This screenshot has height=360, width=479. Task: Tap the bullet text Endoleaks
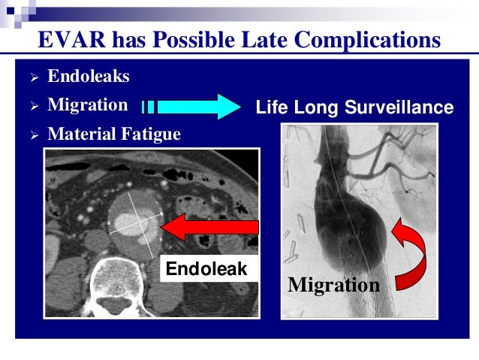point(87,77)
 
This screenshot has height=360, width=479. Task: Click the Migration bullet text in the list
point(87,105)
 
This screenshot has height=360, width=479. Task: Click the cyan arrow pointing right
point(191,107)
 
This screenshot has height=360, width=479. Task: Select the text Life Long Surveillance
point(354,108)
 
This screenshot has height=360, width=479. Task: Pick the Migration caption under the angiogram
point(333,286)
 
